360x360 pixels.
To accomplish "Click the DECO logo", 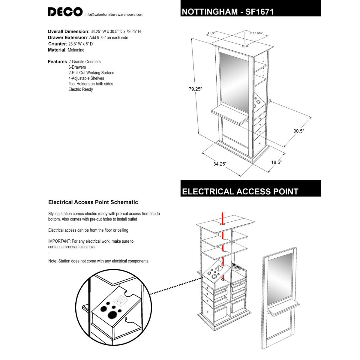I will pyautogui.click(x=65, y=12).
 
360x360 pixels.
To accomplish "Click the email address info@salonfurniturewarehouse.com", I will pyautogui.click(x=114, y=14).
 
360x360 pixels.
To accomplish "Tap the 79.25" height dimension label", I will pyautogui.click(x=195, y=89).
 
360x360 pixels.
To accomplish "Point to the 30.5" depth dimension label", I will pyautogui.click(x=299, y=131).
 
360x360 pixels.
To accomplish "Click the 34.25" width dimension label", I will pyautogui.click(x=220, y=164).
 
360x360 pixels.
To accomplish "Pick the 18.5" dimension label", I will pyautogui.click(x=276, y=162).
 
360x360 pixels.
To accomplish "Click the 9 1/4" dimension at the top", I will pyautogui.click(x=211, y=33).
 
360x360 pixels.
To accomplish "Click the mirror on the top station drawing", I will pyautogui.click(x=234, y=81).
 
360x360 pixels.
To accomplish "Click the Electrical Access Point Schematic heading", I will pyautogui.click(x=93, y=202).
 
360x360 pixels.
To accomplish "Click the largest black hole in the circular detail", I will pyautogui.click(x=112, y=315).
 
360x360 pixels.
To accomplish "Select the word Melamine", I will pyautogui.click(x=76, y=50).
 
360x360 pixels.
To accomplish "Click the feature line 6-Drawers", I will pyautogui.click(x=77, y=67).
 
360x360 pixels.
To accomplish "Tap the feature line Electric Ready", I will pyautogui.click(x=81, y=89).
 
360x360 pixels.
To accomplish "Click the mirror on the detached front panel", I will pyautogui.click(x=280, y=277).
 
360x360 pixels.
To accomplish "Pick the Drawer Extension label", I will pyautogui.click(x=67, y=37).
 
